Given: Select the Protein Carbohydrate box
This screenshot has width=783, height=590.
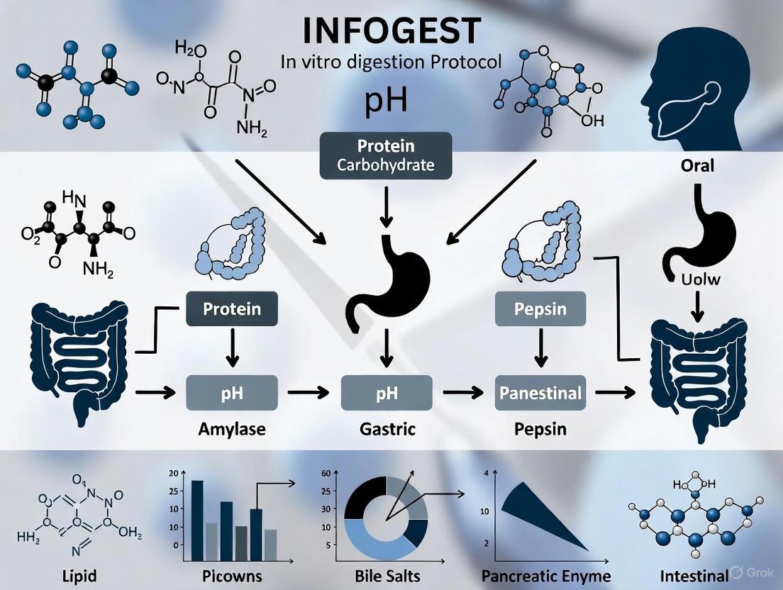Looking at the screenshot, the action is coord(385,157).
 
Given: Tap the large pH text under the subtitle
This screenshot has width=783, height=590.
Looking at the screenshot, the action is coord(386,99).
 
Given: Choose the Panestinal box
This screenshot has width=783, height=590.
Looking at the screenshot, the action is coord(540,392).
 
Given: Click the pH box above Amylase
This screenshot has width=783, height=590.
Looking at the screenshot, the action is coord(232,392).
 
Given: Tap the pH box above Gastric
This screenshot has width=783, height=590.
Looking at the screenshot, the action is coord(386,392).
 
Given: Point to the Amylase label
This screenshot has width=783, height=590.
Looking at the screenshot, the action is coord(232,429).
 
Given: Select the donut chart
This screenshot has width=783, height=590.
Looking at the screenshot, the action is coord(386,518).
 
